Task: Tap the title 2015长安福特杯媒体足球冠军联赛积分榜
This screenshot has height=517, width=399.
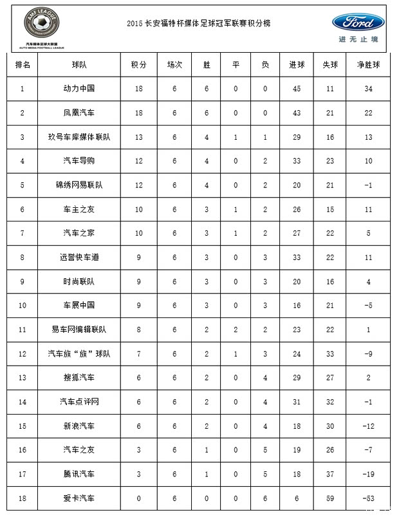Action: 199,23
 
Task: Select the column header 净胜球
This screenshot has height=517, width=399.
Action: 368,65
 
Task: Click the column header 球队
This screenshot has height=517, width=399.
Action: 80,65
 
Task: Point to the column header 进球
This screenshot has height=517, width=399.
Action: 296,65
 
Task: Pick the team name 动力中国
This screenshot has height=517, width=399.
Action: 80,88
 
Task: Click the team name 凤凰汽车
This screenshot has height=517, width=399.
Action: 80,113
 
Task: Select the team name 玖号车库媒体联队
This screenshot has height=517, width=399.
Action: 80,137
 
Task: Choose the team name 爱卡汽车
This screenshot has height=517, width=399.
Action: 80,498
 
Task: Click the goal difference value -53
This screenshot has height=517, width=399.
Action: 368,498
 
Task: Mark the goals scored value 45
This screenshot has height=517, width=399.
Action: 296,88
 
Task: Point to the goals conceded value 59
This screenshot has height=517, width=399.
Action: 330,498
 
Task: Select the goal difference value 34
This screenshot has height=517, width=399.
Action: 368,88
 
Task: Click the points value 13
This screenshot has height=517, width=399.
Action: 139,137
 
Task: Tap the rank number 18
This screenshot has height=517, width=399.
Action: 23,498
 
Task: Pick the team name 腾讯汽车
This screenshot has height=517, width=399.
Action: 80,474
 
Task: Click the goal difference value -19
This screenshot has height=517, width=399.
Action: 368,474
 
